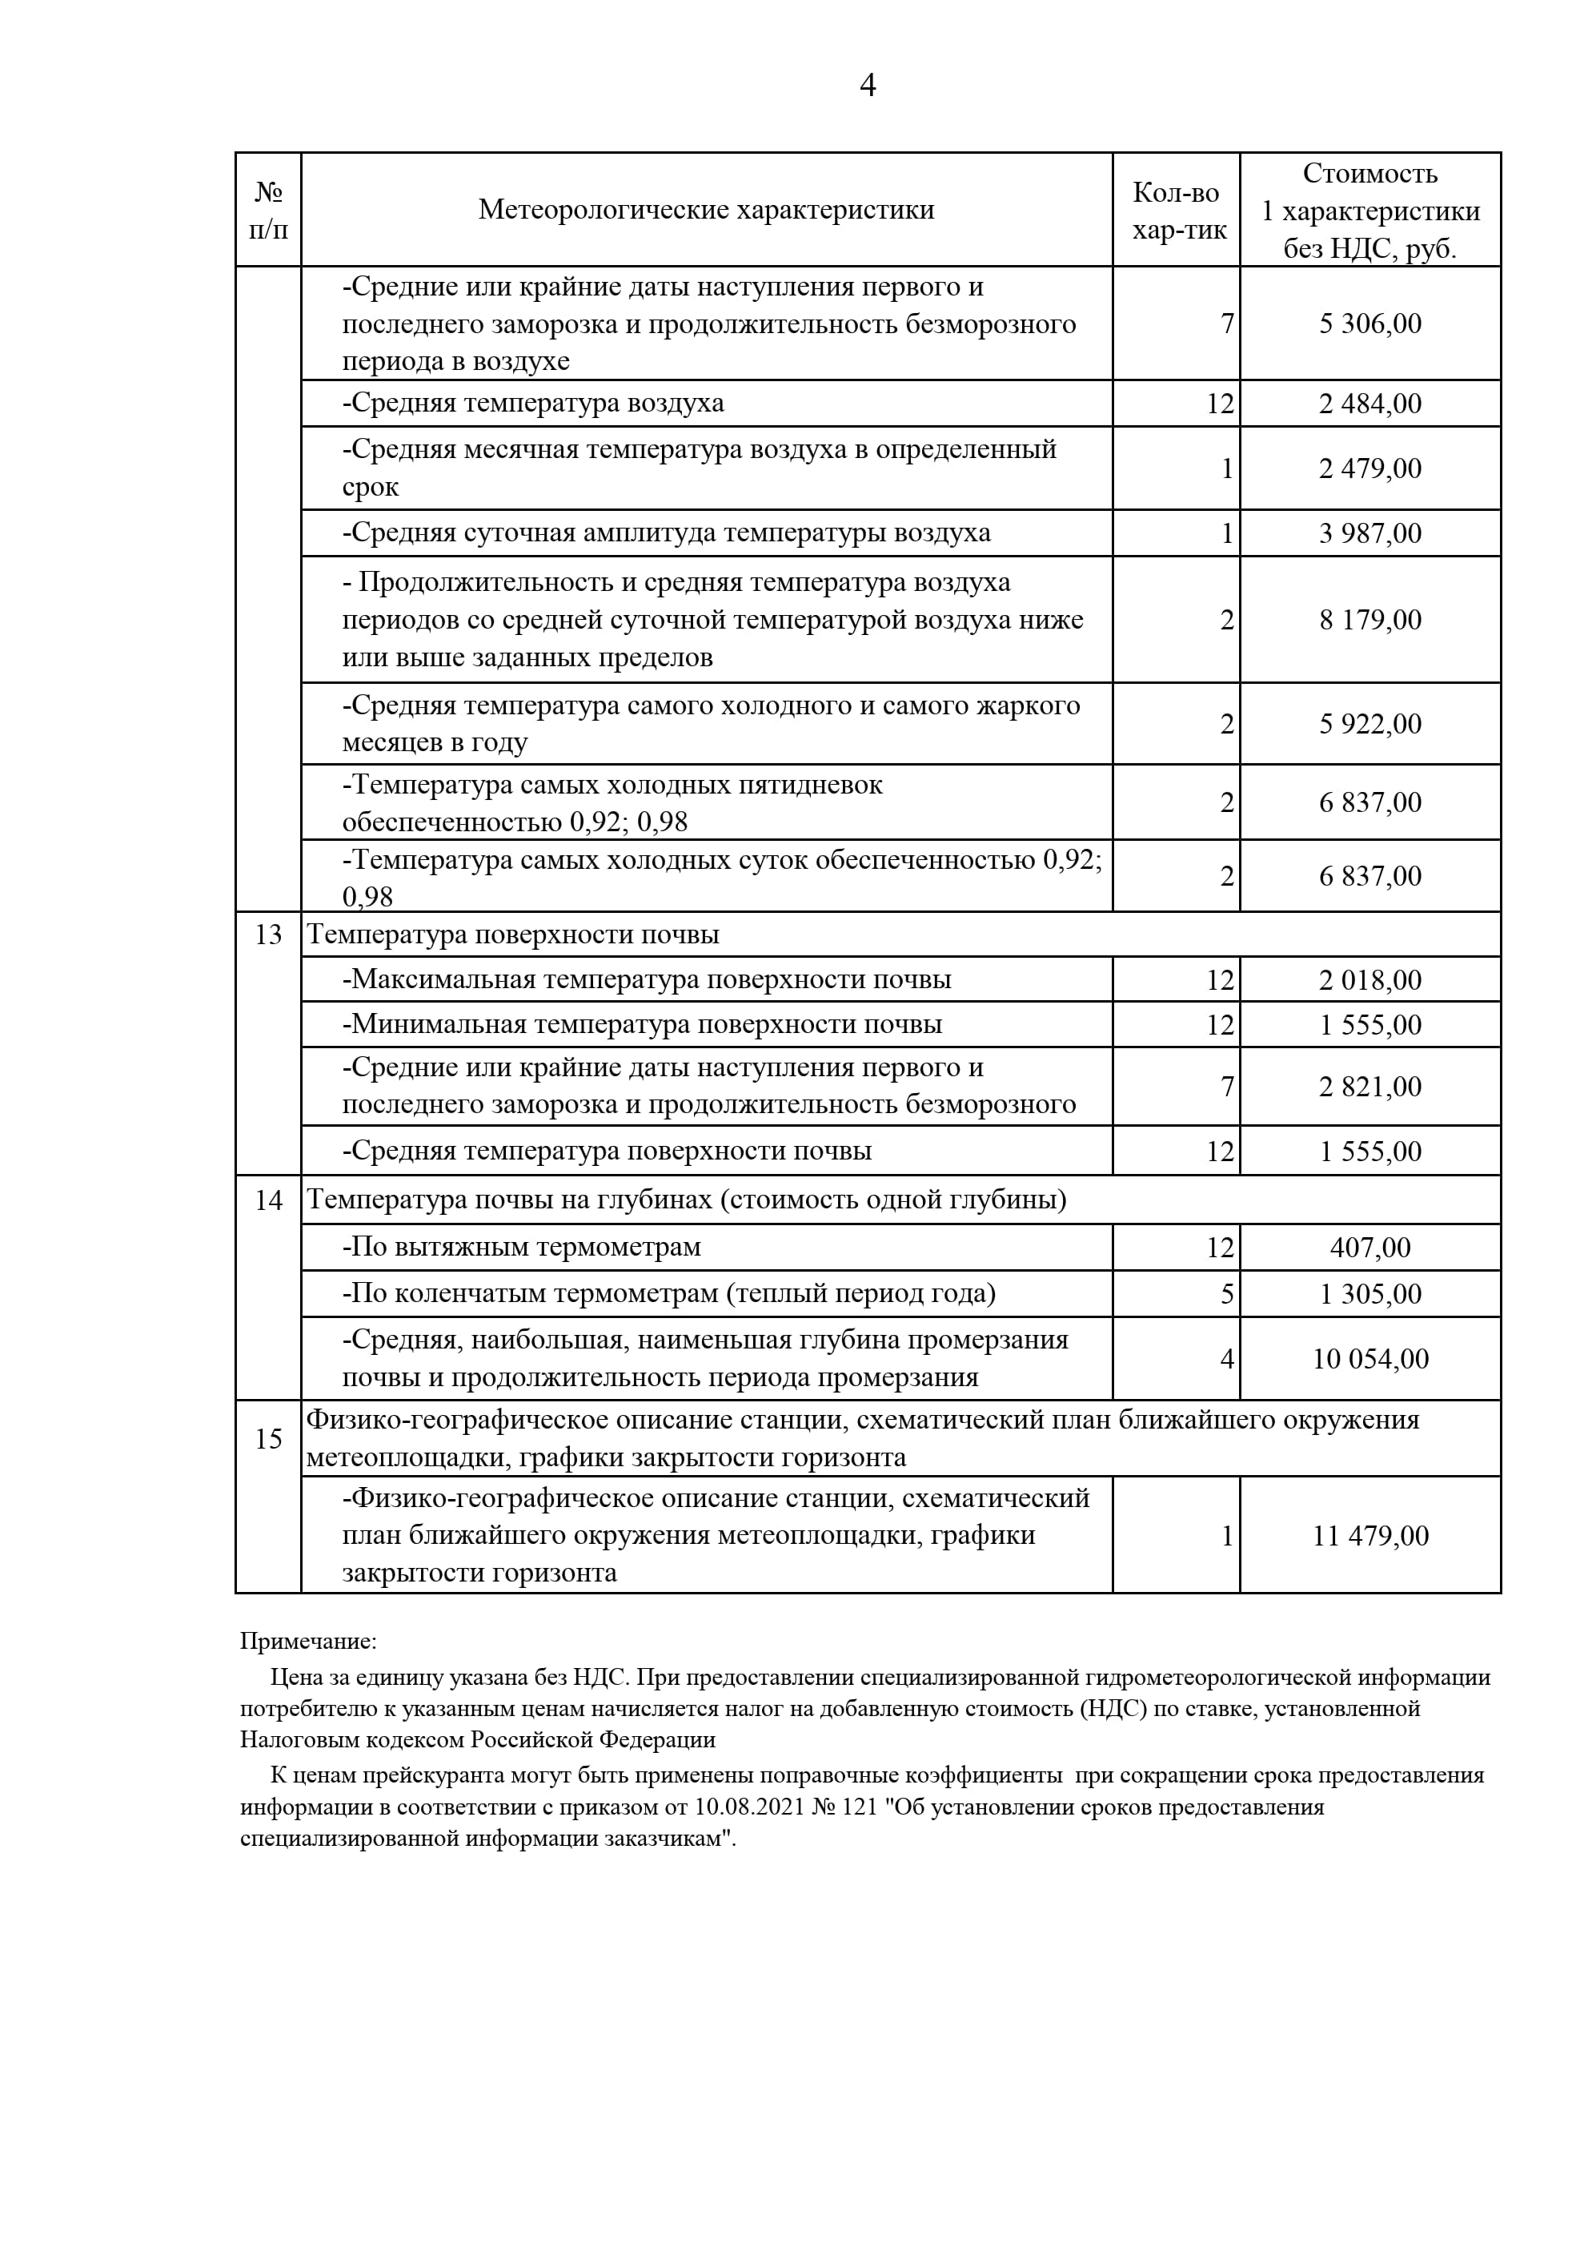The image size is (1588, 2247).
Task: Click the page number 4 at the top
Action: [867, 86]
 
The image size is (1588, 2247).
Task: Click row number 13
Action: [268, 935]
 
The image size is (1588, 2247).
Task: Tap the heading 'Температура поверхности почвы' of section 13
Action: [514, 935]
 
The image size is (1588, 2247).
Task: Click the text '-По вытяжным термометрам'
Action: [522, 1248]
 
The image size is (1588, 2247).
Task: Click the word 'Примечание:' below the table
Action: [308, 1642]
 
